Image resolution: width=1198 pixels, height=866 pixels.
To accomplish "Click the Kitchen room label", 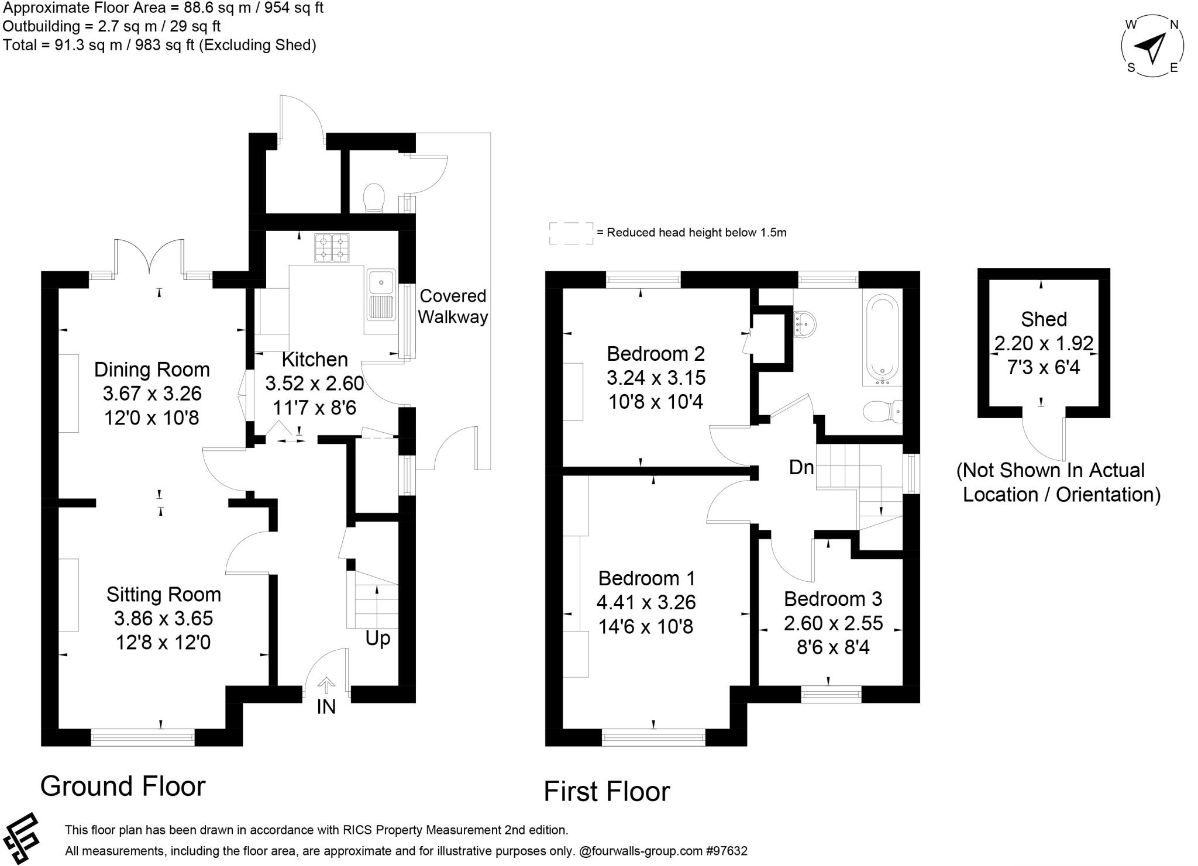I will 315,359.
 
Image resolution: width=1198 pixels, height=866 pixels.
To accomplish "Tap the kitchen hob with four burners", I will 332,247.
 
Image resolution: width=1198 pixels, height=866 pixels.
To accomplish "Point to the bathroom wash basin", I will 804,323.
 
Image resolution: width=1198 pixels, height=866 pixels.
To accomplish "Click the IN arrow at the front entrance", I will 326,685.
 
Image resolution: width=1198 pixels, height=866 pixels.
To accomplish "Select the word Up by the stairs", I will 378,638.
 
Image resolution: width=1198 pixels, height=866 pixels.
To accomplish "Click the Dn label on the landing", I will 801,467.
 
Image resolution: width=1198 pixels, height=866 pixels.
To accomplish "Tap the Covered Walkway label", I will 453,306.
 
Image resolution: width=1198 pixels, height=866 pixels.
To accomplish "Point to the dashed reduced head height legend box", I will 570,233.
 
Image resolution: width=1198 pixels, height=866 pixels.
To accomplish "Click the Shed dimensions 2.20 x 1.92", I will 1044,343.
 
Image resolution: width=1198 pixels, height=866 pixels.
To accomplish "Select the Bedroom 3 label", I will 833,599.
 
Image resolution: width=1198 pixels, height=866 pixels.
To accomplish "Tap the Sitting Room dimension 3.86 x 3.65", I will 163,619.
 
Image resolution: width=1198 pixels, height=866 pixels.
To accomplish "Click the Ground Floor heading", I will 123,786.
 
